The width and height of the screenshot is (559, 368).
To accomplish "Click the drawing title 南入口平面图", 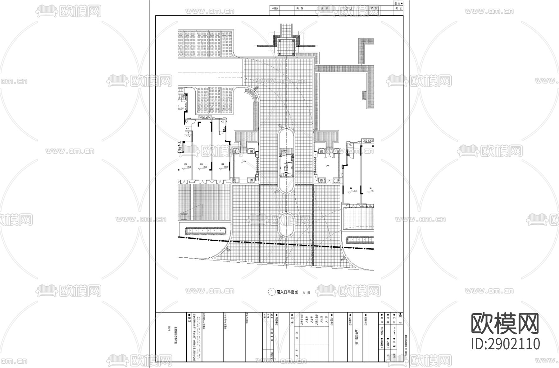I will click(x=287, y=292).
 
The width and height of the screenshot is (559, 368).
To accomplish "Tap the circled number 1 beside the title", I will click(x=272, y=292).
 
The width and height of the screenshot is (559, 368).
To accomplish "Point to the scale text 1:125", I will click(x=306, y=293).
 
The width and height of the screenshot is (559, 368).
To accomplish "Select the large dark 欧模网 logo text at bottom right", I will click(x=506, y=324).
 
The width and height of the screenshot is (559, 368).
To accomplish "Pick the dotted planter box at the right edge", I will click(x=360, y=240).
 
